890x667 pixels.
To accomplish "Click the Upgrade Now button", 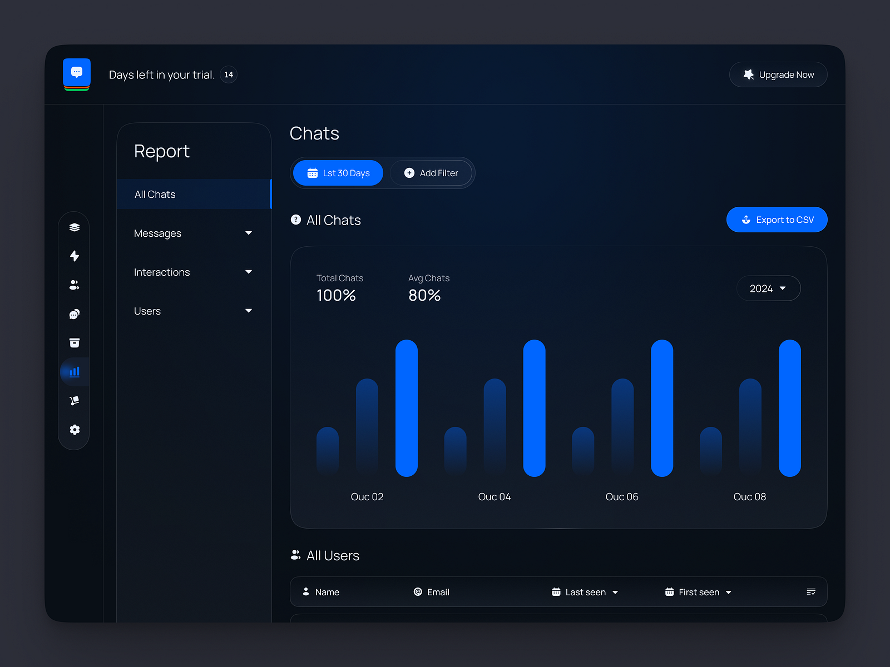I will [x=778, y=74].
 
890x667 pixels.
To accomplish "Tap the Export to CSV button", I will [x=777, y=220].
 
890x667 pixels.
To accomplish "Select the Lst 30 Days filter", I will [x=338, y=173].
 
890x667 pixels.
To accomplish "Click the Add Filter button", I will [x=431, y=173].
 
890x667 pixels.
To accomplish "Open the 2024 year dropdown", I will [x=768, y=288].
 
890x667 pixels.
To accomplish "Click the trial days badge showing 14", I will [x=229, y=74].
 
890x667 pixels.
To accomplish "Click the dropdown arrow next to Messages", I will [x=249, y=233].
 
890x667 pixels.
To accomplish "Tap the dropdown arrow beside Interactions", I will [x=249, y=272].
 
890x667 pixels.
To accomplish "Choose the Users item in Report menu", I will [x=147, y=311].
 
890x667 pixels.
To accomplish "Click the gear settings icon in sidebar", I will [x=75, y=430].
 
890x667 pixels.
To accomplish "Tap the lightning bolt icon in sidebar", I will [x=75, y=256].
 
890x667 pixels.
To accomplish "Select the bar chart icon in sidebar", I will [x=75, y=372].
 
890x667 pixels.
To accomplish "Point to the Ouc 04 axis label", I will [x=495, y=497].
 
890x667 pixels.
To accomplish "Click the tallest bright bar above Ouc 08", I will [x=789, y=408].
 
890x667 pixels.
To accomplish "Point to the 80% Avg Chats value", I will [x=424, y=295].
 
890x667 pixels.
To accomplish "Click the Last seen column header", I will [x=585, y=592].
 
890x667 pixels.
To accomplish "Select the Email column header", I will [x=432, y=592].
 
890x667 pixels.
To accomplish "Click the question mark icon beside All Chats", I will [x=296, y=220].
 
